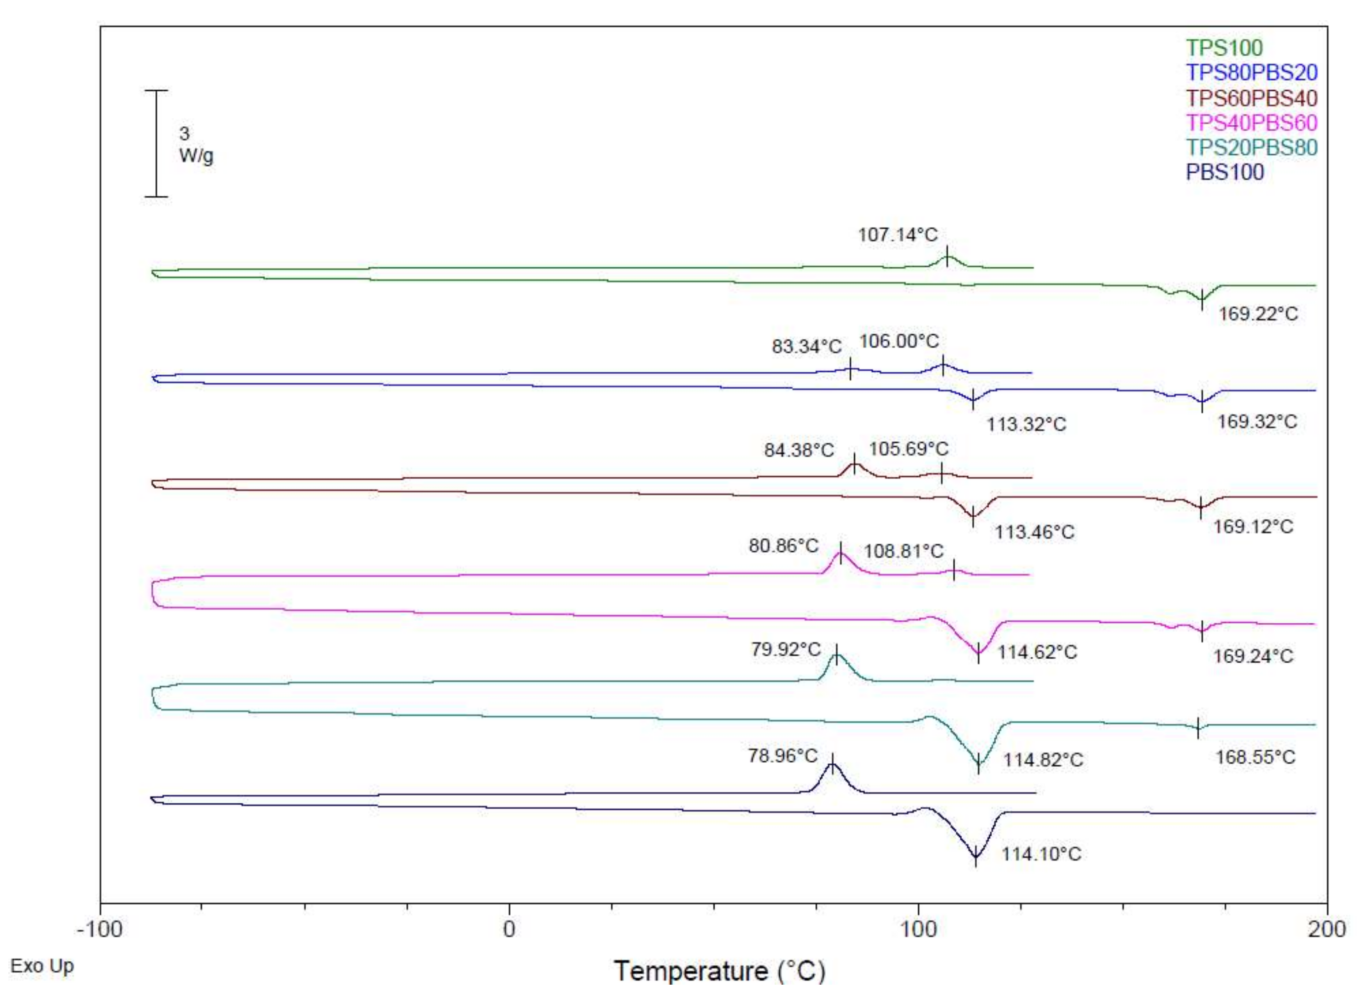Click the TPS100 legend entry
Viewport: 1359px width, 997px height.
1224,48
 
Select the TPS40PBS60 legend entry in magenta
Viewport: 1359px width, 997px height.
1251,122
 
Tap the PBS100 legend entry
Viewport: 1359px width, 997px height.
1224,172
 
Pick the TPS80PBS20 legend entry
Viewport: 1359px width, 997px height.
1251,72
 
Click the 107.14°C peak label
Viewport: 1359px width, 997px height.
898,234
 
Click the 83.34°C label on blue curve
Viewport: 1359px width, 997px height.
806,347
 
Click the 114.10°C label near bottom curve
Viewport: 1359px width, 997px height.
1042,854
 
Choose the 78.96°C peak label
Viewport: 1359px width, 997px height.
782,755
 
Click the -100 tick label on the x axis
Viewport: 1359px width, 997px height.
100,929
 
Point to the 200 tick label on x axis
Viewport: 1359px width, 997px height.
1326,929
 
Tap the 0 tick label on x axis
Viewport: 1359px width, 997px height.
509,929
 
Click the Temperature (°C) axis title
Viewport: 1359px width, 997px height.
719,971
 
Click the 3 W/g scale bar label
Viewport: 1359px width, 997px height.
195,145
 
